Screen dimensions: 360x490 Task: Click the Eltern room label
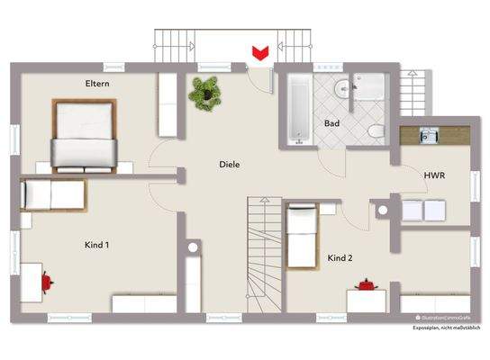(x=97, y=84)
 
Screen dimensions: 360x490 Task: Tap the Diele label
(x=230, y=165)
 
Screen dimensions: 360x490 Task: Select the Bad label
(x=331, y=122)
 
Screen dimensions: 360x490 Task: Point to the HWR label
(x=435, y=176)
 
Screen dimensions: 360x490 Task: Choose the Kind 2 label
(x=340, y=258)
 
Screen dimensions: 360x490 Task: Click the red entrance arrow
(x=261, y=52)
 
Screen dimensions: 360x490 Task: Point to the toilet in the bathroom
(x=375, y=131)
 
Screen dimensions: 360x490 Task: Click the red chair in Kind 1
(x=46, y=283)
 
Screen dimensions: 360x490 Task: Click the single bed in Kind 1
(x=52, y=194)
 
